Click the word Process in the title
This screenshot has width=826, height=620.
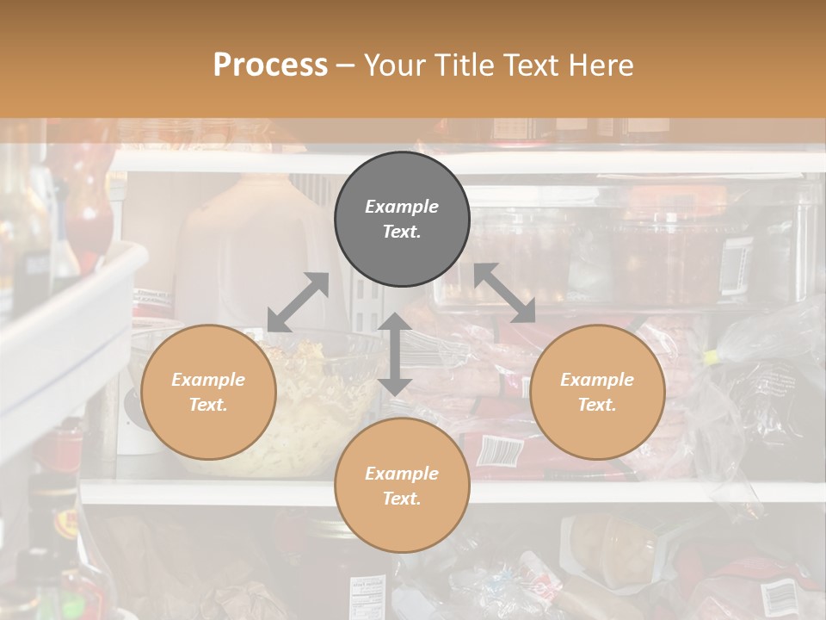coord(270,65)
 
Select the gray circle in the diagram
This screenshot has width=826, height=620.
coord(402,219)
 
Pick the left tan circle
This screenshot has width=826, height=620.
coord(208,392)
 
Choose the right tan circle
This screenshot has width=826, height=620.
coord(597,392)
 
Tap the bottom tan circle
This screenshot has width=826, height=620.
coord(402,486)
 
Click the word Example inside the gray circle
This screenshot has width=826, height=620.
coord(402,207)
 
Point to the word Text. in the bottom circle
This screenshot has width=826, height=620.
coord(402,499)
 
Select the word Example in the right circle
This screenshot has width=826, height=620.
coord(597,380)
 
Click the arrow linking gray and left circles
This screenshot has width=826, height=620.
coord(298,302)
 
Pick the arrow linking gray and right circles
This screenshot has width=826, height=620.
coord(505,294)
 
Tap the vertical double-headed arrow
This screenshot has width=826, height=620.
coord(395,354)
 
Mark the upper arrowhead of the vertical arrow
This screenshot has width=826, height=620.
coord(395,322)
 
